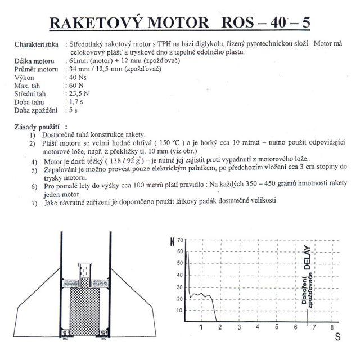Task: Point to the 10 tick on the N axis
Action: click(x=179, y=310)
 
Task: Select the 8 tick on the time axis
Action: click(x=332, y=326)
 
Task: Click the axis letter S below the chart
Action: click(x=337, y=337)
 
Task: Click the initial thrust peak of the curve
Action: click(x=187, y=251)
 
